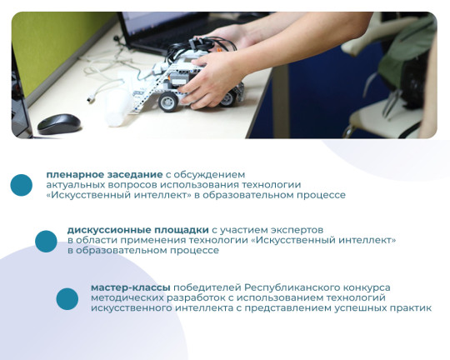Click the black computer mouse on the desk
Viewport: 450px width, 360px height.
[x=59, y=124]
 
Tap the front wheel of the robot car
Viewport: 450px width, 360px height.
[x=168, y=102]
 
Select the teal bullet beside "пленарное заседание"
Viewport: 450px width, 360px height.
[x=21, y=185]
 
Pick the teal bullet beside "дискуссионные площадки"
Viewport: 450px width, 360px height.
[x=46, y=242]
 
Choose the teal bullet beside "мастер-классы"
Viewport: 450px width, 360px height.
[x=67, y=299]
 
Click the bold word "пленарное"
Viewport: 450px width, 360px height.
[x=75, y=175]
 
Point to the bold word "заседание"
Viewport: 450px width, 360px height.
[x=135, y=175]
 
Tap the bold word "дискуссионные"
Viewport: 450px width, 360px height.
[x=109, y=230]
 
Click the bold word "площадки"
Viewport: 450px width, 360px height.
[x=182, y=230]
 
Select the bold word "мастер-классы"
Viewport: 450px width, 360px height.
[x=131, y=287]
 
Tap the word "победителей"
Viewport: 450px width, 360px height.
[x=207, y=287]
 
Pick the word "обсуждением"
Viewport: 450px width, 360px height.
[x=209, y=175]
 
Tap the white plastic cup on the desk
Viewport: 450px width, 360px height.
[x=116, y=107]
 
